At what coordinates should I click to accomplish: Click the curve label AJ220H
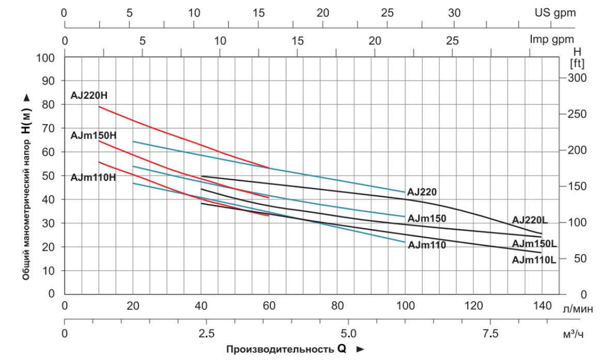point(89,96)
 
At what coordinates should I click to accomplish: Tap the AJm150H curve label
point(93,135)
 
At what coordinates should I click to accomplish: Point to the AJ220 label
point(422,192)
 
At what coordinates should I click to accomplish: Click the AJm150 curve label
point(426,218)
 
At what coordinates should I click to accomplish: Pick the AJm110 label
point(426,245)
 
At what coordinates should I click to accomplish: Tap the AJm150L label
point(534,243)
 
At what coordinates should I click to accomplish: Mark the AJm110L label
point(534,260)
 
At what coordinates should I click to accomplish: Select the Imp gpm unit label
point(552,40)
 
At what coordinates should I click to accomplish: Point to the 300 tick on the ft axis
point(577,77)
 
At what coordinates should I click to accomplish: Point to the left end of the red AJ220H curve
point(99,106)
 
